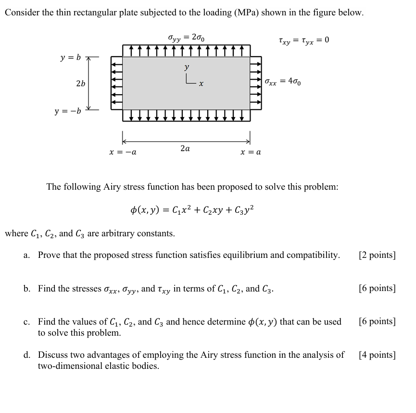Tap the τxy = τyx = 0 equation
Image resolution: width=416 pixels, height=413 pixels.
303,40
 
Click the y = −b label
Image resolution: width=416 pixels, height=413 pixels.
68,111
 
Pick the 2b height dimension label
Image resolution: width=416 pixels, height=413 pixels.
80,84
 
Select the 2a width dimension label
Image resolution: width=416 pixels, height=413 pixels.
185,148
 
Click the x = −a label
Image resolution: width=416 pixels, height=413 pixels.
123,152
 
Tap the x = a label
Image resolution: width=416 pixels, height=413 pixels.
251,152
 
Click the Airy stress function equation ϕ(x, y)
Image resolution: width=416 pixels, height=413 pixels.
192,210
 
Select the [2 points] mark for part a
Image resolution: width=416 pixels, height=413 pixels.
377,255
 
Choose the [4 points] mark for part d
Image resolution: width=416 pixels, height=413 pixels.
377,355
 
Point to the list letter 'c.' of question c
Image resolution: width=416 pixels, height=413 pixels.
27,322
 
